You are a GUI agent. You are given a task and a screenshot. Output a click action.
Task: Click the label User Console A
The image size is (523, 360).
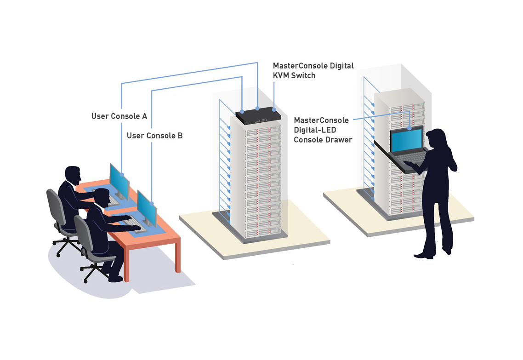(x=119, y=116)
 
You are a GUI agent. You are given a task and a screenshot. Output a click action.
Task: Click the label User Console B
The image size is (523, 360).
(x=155, y=136)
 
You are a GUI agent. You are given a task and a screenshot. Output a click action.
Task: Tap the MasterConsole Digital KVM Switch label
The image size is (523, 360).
(x=313, y=70)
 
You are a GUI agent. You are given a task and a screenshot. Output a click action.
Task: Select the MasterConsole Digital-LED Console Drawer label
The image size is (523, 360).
(x=323, y=130)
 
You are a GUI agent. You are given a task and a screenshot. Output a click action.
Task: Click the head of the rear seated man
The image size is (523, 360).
(x=73, y=175)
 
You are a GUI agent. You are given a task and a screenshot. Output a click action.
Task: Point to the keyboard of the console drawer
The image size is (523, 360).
(x=409, y=159)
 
